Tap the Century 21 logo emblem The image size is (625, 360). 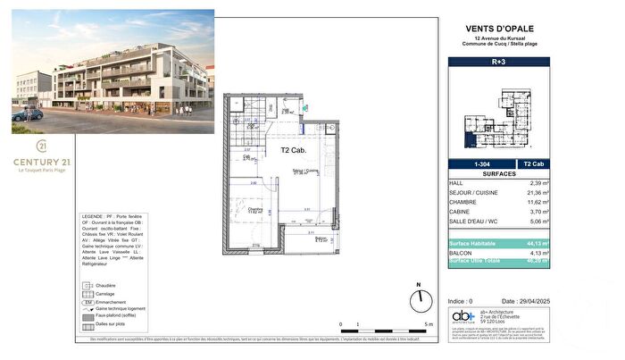[x=41, y=146]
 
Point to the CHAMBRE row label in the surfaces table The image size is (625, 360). [x=463, y=204]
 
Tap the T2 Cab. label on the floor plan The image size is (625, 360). [x=294, y=150]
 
